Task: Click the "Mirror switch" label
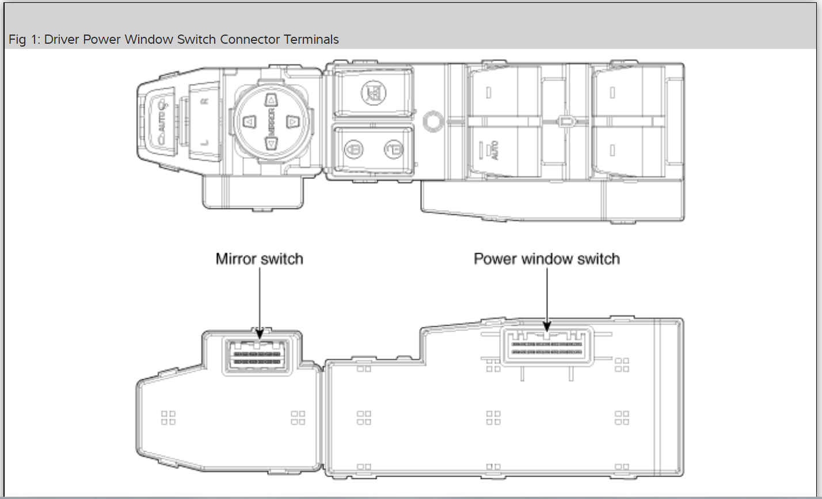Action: click(259, 259)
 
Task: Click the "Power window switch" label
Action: click(546, 259)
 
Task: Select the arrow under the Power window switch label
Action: click(546, 299)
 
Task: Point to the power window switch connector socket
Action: click(547, 346)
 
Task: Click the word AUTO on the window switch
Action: click(494, 151)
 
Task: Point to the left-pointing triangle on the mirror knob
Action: click(249, 122)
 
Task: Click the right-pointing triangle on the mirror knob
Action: click(292, 122)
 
